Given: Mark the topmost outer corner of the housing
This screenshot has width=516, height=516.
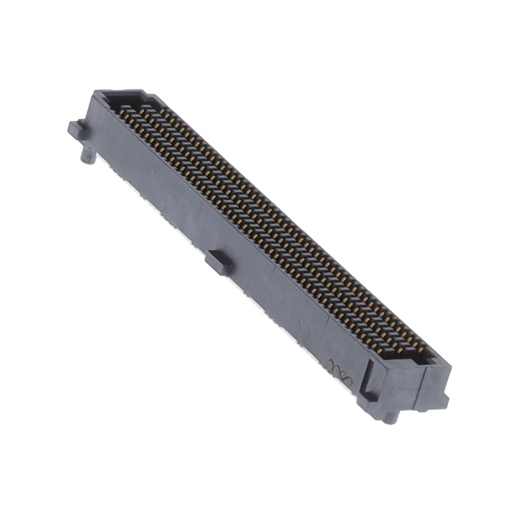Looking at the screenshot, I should pos(97,92).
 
